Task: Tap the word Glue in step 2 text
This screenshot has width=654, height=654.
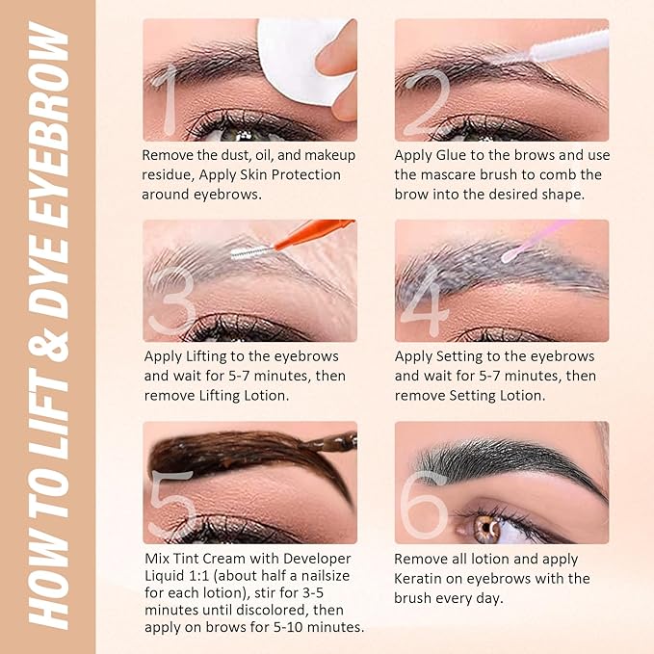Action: tap(459, 156)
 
